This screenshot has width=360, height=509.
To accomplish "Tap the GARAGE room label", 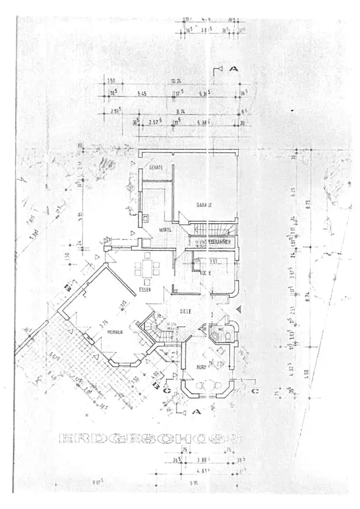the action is (x=204, y=205).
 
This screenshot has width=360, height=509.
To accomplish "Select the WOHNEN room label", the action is (x=116, y=331).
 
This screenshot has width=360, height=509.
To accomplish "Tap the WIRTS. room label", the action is (x=164, y=230).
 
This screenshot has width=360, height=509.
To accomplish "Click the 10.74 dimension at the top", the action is (x=177, y=81).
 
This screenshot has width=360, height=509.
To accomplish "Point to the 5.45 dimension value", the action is (x=142, y=94).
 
